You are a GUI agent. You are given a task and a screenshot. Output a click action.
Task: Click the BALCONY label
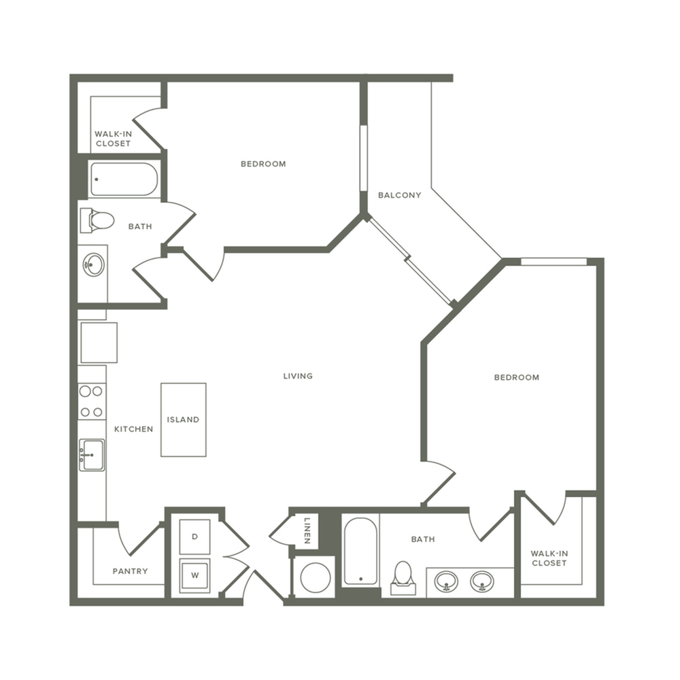click(x=399, y=195)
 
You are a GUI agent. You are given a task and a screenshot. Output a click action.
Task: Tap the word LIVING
click(x=298, y=376)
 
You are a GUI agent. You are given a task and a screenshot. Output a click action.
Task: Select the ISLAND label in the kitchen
click(x=184, y=420)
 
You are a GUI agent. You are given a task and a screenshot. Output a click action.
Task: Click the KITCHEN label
click(x=133, y=429)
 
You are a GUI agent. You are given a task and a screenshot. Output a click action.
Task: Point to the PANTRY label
click(x=130, y=571)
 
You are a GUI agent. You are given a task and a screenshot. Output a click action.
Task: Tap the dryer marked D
click(x=194, y=537)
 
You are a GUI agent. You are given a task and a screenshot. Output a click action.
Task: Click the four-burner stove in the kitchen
click(x=91, y=401)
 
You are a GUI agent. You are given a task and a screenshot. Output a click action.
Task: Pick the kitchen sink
click(x=92, y=455)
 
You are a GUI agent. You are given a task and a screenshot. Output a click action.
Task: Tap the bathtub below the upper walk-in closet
click(x=124, y=180)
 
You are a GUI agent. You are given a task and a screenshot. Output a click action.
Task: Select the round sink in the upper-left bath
click(x=93, y=265)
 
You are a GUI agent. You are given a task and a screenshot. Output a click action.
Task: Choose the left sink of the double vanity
click(x=446, y=581)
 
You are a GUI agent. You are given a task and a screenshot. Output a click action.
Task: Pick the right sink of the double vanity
click(x=481, y=581)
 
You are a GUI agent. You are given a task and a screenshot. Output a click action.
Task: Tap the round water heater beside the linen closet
click(x=315, y=577)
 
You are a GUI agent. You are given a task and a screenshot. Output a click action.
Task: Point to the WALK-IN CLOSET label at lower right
click(x=549, y=558)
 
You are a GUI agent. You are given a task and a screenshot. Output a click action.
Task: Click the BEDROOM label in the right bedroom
click(x=516, y=377)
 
